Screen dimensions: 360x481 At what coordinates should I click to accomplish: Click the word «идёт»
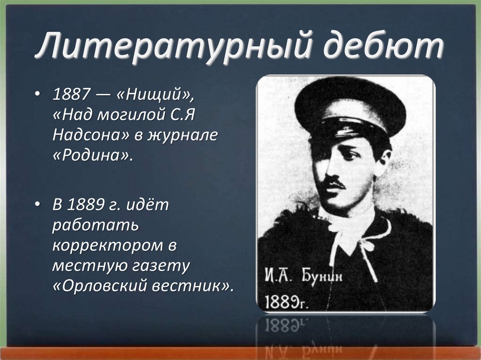[x=150, y=206]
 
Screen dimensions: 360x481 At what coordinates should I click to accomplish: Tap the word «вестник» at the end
[x=193, y=286]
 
